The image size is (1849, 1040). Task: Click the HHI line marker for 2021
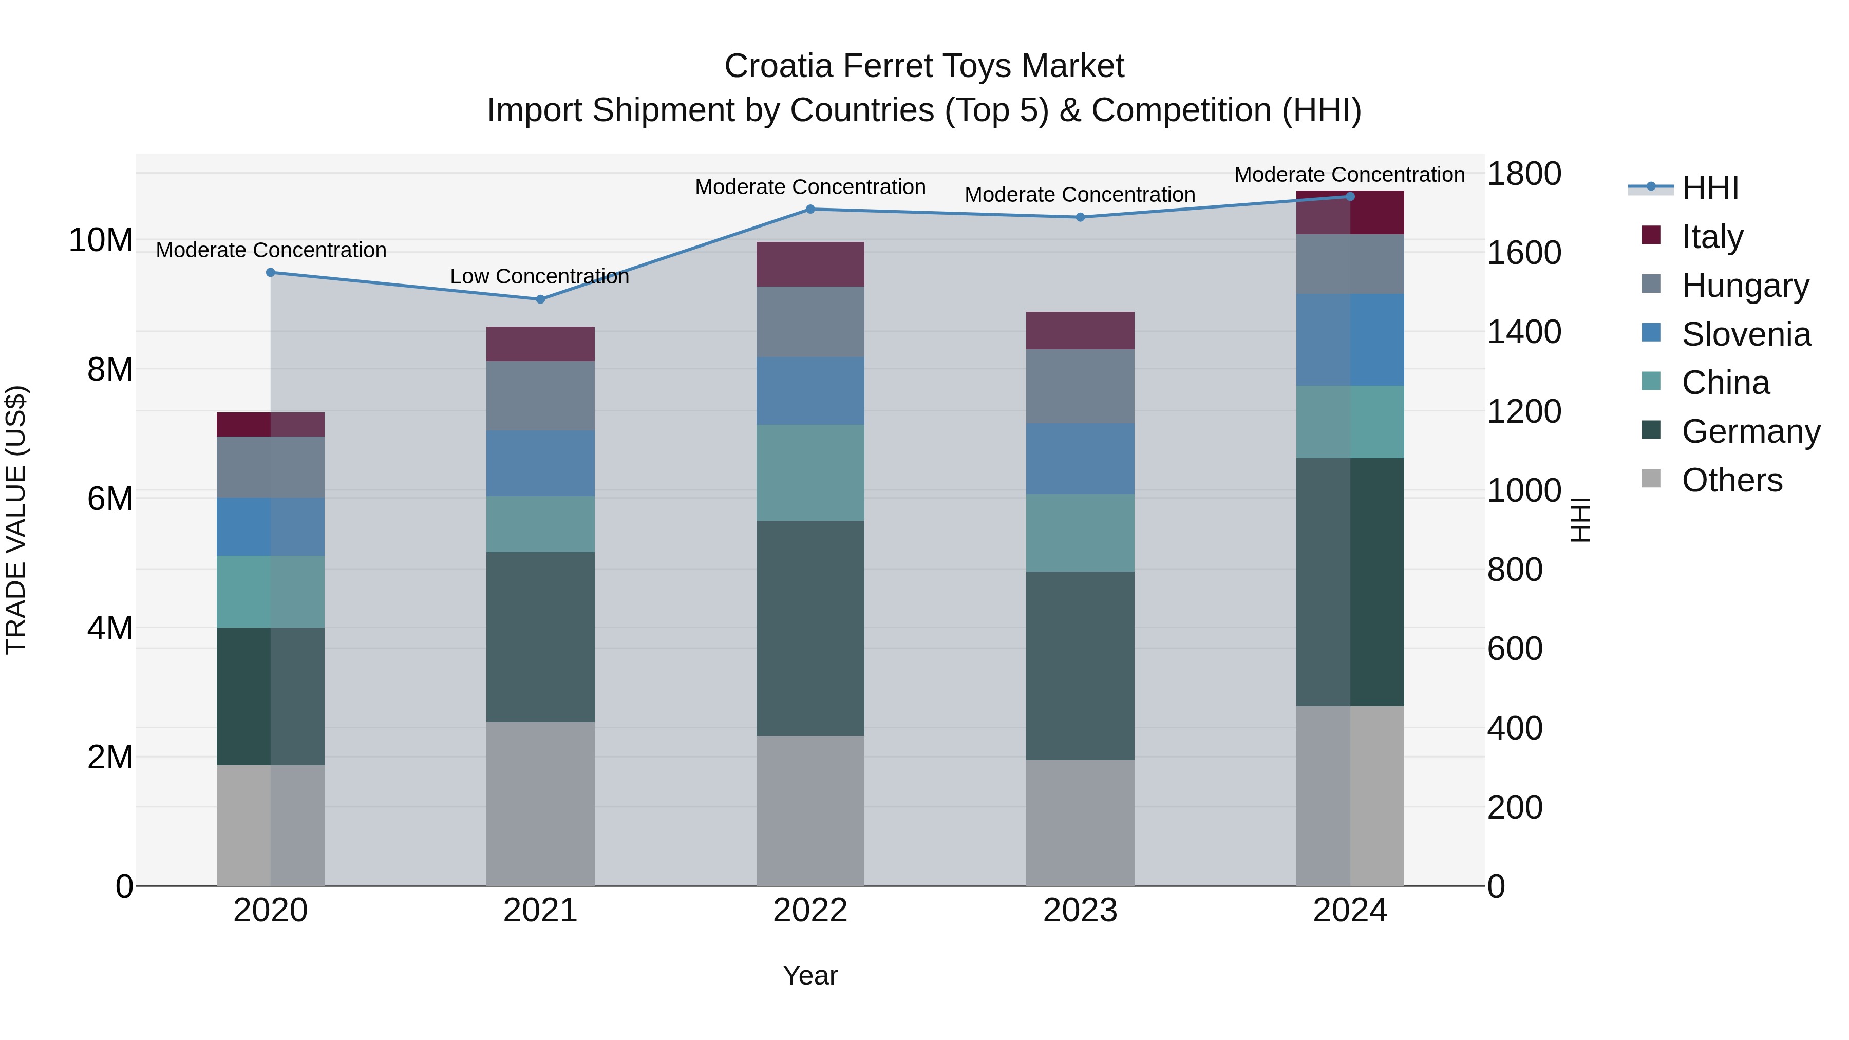(540, 299)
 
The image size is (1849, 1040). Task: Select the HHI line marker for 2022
(810, 209)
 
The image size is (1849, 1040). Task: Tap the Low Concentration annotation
(539, 276)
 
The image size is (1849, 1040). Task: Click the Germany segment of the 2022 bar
(810, 628)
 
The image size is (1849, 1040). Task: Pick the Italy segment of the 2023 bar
(1080, 331)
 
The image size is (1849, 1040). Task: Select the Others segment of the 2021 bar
(540, 804)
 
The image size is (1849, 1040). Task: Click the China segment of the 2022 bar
(810, 472)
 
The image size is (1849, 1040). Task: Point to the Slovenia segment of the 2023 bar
(1080, 459)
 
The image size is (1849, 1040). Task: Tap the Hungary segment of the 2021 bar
(540, 395)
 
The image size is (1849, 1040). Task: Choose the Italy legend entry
(1712, 237)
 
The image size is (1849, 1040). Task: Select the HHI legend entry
(1710, 188)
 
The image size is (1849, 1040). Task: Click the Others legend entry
(1731, 480)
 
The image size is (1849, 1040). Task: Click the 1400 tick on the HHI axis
(1523, 332)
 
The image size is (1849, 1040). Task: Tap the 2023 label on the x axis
(1080, 911)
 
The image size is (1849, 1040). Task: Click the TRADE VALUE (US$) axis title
(16, 520)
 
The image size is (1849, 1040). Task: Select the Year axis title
(810, 975)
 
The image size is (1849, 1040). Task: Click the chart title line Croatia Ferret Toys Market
(924, 66)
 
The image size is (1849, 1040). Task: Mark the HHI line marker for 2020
(271, 273)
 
